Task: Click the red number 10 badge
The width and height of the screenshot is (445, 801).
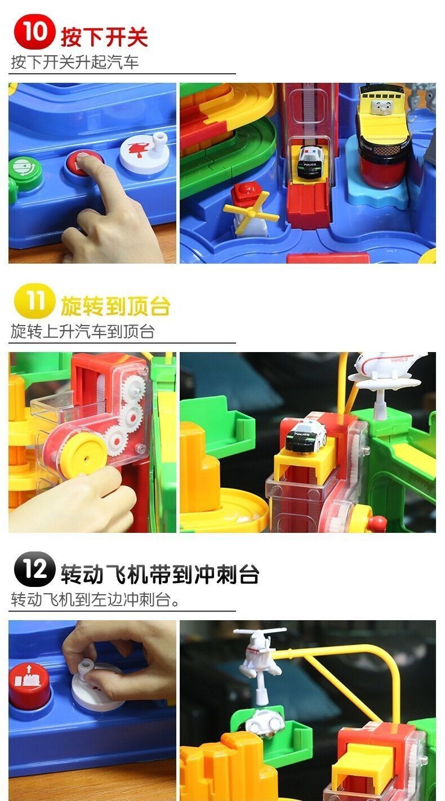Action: [34, 32]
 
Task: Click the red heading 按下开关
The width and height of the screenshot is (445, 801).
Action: [104, 37]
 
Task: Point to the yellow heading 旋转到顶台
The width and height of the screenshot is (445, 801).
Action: [115, 306]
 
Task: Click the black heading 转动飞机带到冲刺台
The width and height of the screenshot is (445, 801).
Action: [160, 575]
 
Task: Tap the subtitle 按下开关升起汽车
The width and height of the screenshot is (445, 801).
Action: [75, 62]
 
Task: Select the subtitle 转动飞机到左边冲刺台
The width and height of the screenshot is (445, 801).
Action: [95, 600]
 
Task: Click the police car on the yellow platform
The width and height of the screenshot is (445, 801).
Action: [306, 437]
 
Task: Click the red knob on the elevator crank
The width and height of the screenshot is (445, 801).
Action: [377, 524]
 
